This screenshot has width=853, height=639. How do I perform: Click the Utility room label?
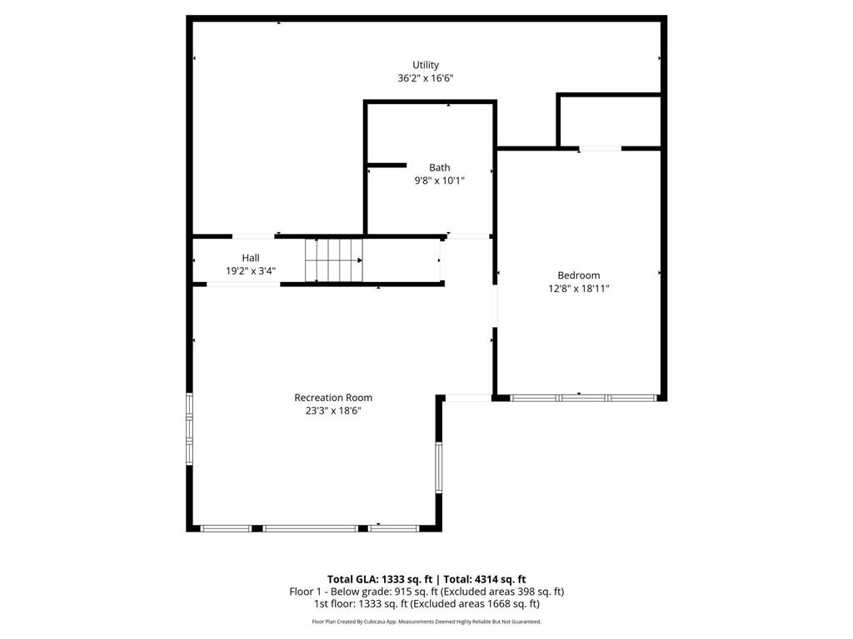[x=425, y=65]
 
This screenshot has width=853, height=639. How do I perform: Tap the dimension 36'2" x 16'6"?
[x=425, y=78]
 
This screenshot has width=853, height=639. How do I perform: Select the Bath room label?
[x=439, y=167]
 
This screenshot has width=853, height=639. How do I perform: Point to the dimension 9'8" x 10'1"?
[x=439, y=181]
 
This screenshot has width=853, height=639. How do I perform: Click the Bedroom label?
[x=578, y=275]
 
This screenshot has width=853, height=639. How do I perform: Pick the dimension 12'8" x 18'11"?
[x=578, y=289]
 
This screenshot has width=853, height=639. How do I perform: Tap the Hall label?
[x=250, y=258]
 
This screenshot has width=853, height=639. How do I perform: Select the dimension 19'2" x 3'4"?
[x=250, y=271]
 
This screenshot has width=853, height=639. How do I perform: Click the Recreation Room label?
[x=333, y=398]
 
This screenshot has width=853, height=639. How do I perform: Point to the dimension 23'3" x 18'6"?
[x=333, y=411]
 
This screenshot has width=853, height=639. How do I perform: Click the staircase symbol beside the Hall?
[x=334, y=260]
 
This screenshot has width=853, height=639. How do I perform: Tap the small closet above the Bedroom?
[x=609, y=121]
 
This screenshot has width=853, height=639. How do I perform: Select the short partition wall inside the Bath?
[x=387, y=166]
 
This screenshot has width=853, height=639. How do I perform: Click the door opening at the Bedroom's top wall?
[x=600, y=149]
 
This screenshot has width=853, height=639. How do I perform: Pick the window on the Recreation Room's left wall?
[x=189, y=428]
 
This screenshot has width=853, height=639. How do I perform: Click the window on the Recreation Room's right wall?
[x=437, y=468]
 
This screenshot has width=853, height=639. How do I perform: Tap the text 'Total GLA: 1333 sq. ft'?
[x=378, y=579]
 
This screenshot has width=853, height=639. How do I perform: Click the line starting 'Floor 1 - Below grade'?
[x=426, y=592]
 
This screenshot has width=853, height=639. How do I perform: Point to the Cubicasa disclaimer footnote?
[x=426, y=622]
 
